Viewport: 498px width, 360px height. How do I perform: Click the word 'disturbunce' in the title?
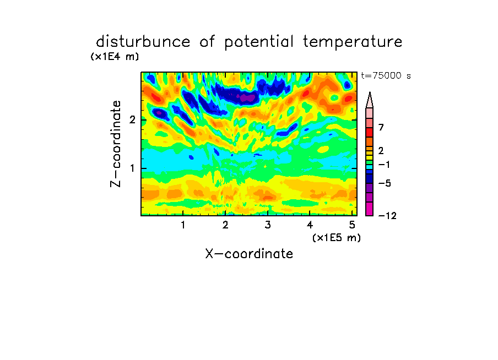pyautogui.click(x=143, y=41)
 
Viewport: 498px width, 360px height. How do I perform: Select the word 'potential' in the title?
pyautogui.click(x=259, y=42)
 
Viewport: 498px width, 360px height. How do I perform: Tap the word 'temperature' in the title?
pyautogui.click(x=353, y=42)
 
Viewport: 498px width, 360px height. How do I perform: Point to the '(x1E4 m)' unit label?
pyautogui.click(x=115, y=57)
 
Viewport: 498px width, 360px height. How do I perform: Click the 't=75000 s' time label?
pyautogui.click(x=386, y=75)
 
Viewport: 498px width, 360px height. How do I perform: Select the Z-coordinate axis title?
pyautogui.click(x=116, y=144)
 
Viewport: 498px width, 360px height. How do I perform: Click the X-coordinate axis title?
pyautogui.click(x=249, y=254)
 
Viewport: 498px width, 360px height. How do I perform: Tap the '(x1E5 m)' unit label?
pyautogui.click(x=337, y=237)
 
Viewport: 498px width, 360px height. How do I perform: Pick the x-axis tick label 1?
pyautogui.click(x=183, y=225)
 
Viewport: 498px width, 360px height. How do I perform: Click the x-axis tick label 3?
pyautogui.click(x=268, y=225)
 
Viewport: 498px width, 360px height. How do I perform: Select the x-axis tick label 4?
pyautogui.click(x=310, y=225)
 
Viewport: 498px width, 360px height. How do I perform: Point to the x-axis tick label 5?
pyautogui.click(x=352, y=225)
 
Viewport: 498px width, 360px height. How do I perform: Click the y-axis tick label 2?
pyautogui.click(x=132, y=120)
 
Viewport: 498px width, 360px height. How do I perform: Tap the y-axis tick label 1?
pyautogui.click(x=132, y=168)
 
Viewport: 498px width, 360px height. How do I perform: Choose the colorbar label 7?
pyautogui.click(x=381, y=127)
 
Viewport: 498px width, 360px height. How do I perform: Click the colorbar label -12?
pyautogui.click(x=387, y=216)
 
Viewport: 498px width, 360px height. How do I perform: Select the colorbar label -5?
pyautogui.click(x=385, y=183)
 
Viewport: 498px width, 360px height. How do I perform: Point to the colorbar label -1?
pyautogui.click(x=384, y=165)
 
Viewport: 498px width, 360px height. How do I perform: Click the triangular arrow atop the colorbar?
pyautogui.click(x=370, y=100)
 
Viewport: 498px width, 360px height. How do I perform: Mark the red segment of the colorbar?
pyautogui.click(x=370, y=132)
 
